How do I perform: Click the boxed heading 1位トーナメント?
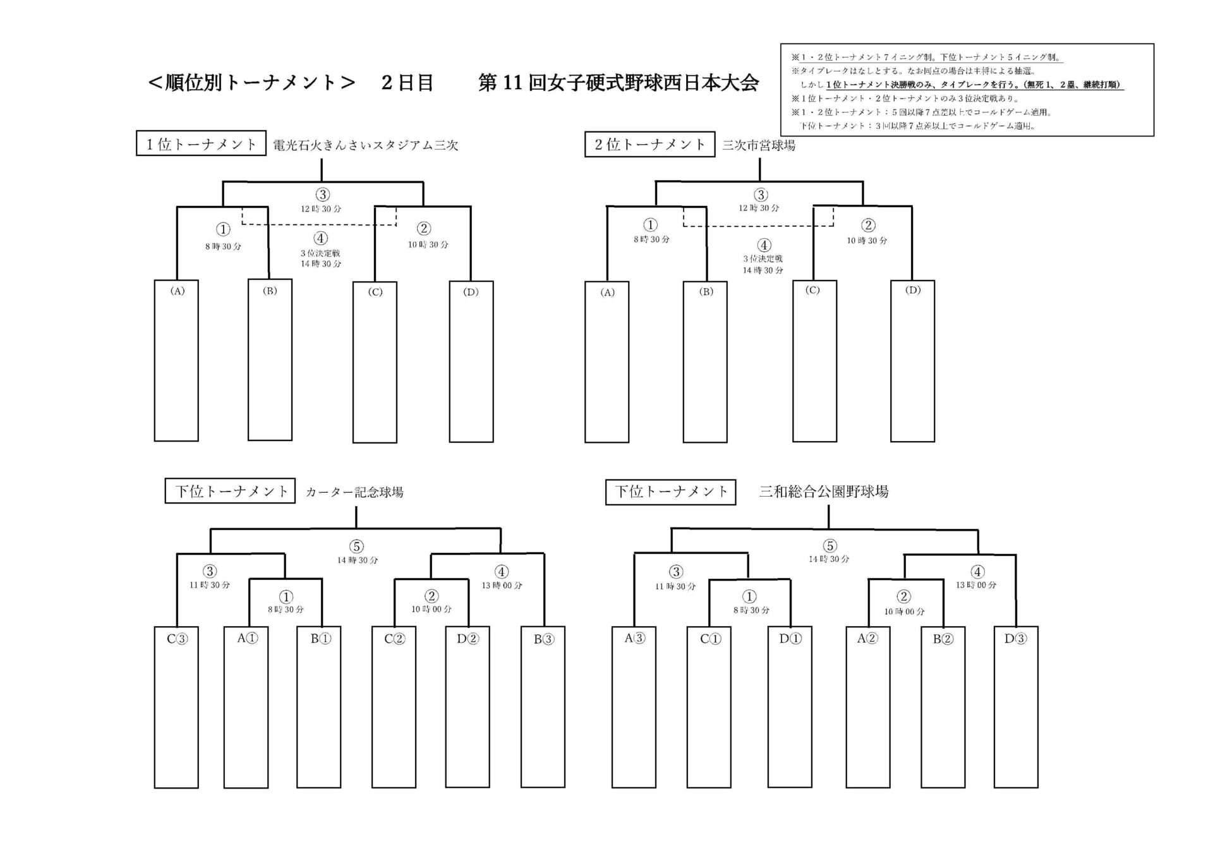[x=201, y=144]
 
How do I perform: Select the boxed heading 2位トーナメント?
[x=649, y=145]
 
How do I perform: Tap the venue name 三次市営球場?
[x=759, y=145]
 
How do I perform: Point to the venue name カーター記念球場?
[x=354, y=492]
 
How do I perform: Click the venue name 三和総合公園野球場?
[x=824, y=492]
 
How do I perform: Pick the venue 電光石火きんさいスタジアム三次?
[x=365, y=145]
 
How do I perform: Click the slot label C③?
[x=177, y=639]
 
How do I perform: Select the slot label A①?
[x=247, y=638]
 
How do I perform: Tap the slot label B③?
[x=543, y=639]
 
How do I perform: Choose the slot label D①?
[x=790, y=639]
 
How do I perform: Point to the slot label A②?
[x=867, y=639]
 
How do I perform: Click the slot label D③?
[x=1015, y=639]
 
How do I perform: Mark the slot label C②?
[x=395, y=639]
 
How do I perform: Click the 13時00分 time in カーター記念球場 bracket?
[x=502, y=586]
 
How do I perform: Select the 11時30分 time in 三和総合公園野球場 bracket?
[x=675, y=586]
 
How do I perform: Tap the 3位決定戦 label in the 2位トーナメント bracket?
[x=763, y=258]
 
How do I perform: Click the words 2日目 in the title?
[x=407, y=83]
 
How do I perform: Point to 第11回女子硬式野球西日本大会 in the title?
[x=619, y=83]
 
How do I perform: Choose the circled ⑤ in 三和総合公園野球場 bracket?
[x=830, y=546]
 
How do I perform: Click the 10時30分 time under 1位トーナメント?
[x=428, y=245]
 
